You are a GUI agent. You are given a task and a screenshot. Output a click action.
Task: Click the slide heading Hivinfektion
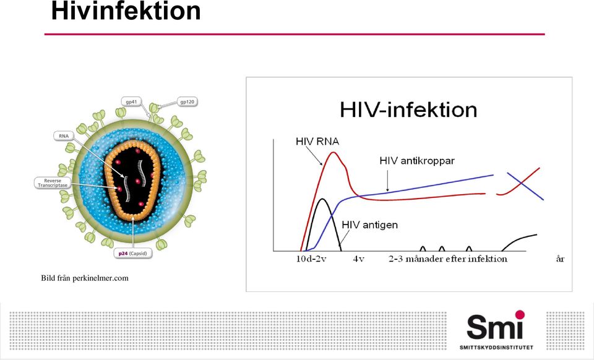click(126, 11)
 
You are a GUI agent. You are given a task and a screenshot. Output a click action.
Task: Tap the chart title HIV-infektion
click(408, 109)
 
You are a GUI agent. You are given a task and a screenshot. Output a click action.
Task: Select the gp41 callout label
click(131, 102)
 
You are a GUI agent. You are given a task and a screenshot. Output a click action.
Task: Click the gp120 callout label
click(187, 102)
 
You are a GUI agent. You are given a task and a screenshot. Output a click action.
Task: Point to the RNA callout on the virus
click(64, 136)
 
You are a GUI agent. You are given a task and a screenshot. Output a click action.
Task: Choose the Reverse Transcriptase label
click(53, 183)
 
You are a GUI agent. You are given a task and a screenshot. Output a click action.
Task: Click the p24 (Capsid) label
click(132, 253)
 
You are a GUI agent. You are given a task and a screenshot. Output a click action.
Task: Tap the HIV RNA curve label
click(317, 142)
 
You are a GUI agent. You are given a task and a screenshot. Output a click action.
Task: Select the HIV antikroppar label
click(417, 161)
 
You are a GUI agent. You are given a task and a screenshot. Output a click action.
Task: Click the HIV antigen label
click(370, 225)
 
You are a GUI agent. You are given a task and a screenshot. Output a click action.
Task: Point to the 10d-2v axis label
click(311, 259)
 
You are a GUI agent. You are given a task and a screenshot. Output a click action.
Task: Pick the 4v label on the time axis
click(358, 259)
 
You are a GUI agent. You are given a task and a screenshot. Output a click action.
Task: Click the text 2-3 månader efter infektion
click(448, 259)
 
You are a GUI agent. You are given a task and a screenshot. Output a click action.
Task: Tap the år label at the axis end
click(560, 259)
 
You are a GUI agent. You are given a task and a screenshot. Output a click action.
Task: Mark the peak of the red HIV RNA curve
click(334, 152)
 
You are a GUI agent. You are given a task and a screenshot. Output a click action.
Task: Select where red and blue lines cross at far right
click(522, 183)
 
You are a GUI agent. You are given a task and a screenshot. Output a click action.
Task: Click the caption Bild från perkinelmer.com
click(85, 278)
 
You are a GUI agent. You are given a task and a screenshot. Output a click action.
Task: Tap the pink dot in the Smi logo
click(520, 315)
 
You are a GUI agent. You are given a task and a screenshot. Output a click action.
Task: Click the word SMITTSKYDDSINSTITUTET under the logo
click(496, 348)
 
